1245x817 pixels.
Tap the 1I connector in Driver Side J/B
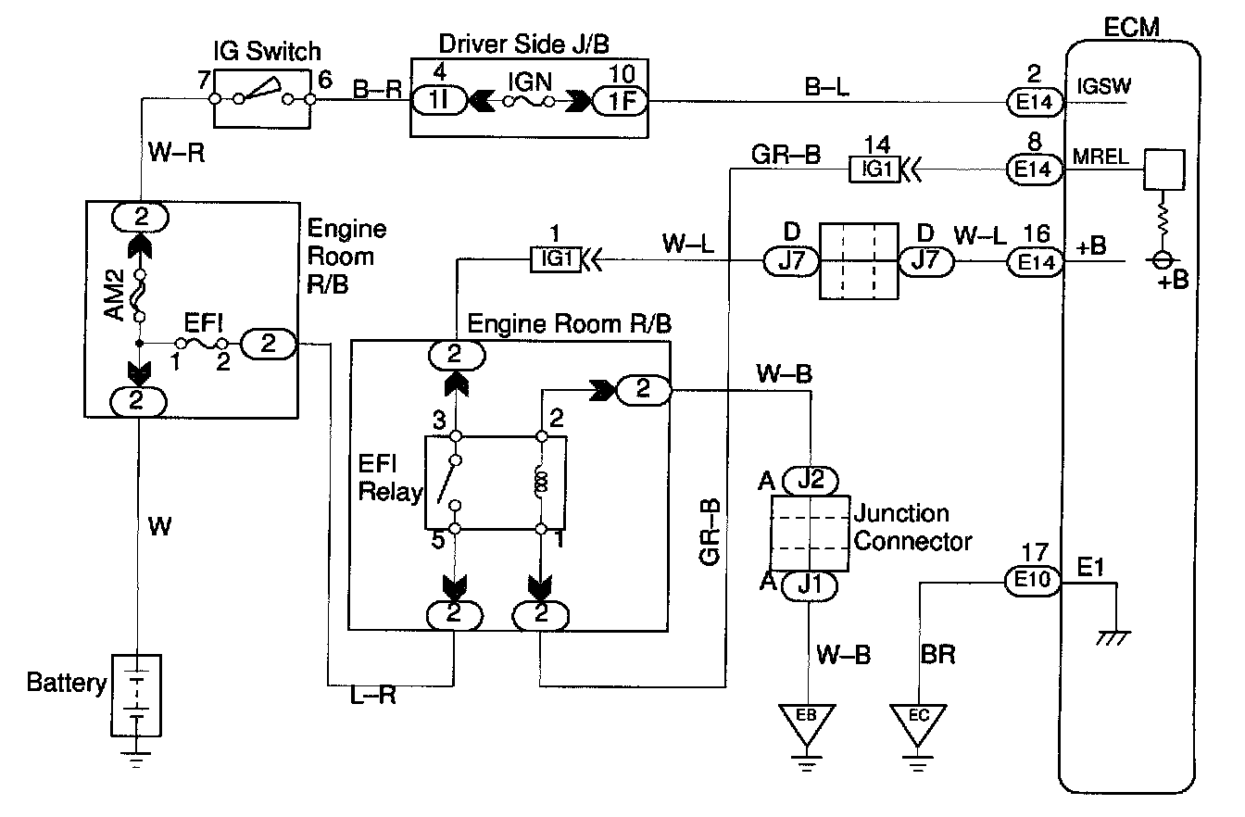pyautogui.click(x=434, y=100)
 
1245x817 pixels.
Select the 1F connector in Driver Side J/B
pyautogui.click(x=617, y=100)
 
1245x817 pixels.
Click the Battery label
pyautogui.click(x=67, y=685)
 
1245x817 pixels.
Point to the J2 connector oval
pyautogui.click(x=811, y=481)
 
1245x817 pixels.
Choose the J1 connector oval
pyautogui.click(x=811, y=585)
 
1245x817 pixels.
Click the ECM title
pyautogui.click(x=1131, y=27)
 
